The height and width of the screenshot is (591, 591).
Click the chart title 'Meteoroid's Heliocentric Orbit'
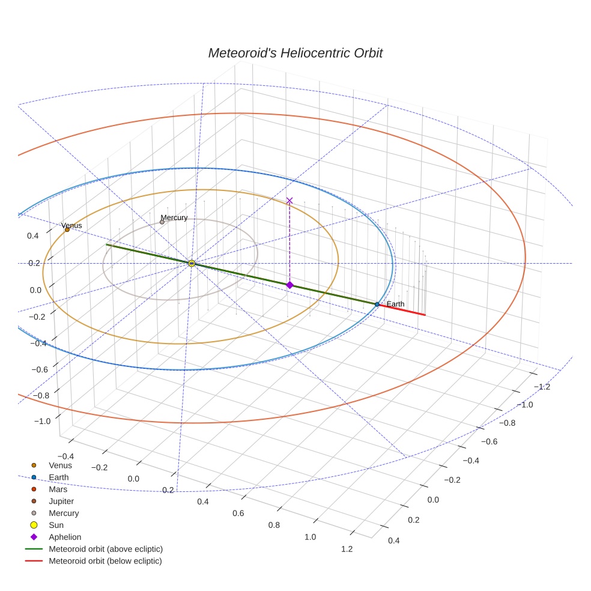[x=295, y=53]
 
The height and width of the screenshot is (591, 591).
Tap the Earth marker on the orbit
[x=377, y=305]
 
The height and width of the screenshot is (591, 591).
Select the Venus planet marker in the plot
[x=67, y=229]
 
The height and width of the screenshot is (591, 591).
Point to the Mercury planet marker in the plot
[x=162, y=222]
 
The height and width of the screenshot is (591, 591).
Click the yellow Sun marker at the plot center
[x=192, y=263]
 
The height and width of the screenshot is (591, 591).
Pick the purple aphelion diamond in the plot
[x=289, y=285]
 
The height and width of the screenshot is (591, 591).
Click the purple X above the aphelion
[x=289, y=200]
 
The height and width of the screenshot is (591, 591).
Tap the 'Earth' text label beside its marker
[x=395, y=304]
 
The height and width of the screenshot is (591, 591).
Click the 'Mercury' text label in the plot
[x=174, y=217]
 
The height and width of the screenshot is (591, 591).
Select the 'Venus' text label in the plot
[x=71, y=225]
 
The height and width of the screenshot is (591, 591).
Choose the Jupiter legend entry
[x=61, y=501]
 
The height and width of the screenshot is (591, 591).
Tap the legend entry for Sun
[x=56, y=525]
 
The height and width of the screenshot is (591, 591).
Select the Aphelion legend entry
[x=65, y=537]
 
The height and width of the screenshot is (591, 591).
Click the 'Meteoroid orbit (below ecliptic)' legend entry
[x=105, y=561]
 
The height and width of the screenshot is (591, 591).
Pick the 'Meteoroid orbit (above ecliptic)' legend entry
[x=106, y=549]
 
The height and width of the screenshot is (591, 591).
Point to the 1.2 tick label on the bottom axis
[x=346, y=548]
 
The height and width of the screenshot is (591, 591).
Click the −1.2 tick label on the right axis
[x=543, y=387]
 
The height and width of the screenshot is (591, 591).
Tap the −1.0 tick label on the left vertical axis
[x=42, y=421]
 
